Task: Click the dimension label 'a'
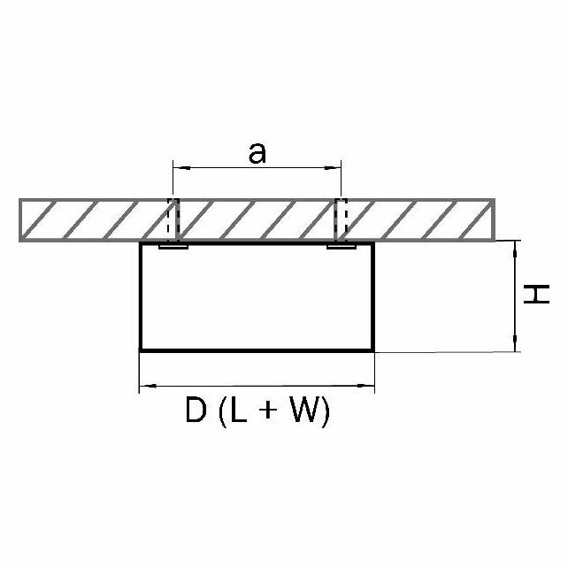coord(257,153)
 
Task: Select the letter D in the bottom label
coord(196,412)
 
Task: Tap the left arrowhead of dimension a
coord(176,165)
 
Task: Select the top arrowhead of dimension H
coord(516,245)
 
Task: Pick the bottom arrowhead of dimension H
coord(516,347)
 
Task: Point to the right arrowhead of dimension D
coord(369,386)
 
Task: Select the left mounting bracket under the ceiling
coord(173,246)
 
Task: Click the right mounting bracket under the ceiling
coord(342,246)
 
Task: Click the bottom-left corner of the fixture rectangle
coord(142,350)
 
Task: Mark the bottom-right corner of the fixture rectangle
coord(372,350)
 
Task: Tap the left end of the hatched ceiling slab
coord(21,220)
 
